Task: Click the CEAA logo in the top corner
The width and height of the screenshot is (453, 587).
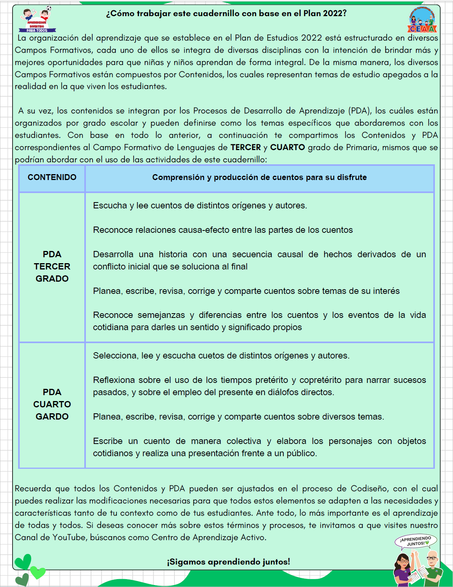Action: coord(422,20)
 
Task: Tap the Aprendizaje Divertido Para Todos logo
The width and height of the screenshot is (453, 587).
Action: coord(37,20)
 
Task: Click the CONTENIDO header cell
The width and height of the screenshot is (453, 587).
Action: coord(52,177)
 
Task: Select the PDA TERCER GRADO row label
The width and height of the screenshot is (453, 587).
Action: coord(52,266)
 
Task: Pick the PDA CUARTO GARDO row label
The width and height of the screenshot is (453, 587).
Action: coord(52,404)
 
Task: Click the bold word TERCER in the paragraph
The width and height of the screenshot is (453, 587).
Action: coord(245,147)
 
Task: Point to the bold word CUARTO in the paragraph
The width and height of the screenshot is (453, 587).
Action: coord(287,147)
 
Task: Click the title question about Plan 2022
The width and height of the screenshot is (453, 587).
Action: coord(226,13)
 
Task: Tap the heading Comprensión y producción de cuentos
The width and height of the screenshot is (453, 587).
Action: coord(259,177)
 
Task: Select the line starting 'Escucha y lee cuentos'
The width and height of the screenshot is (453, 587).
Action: coord(200,205)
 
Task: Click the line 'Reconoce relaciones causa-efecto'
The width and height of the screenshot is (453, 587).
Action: coord(223,230)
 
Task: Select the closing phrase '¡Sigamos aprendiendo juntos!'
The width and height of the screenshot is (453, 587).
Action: coord(228,562)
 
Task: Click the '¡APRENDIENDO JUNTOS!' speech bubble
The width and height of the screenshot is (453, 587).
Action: coord(416,541)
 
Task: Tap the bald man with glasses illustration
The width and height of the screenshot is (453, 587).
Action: coord(432,567)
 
